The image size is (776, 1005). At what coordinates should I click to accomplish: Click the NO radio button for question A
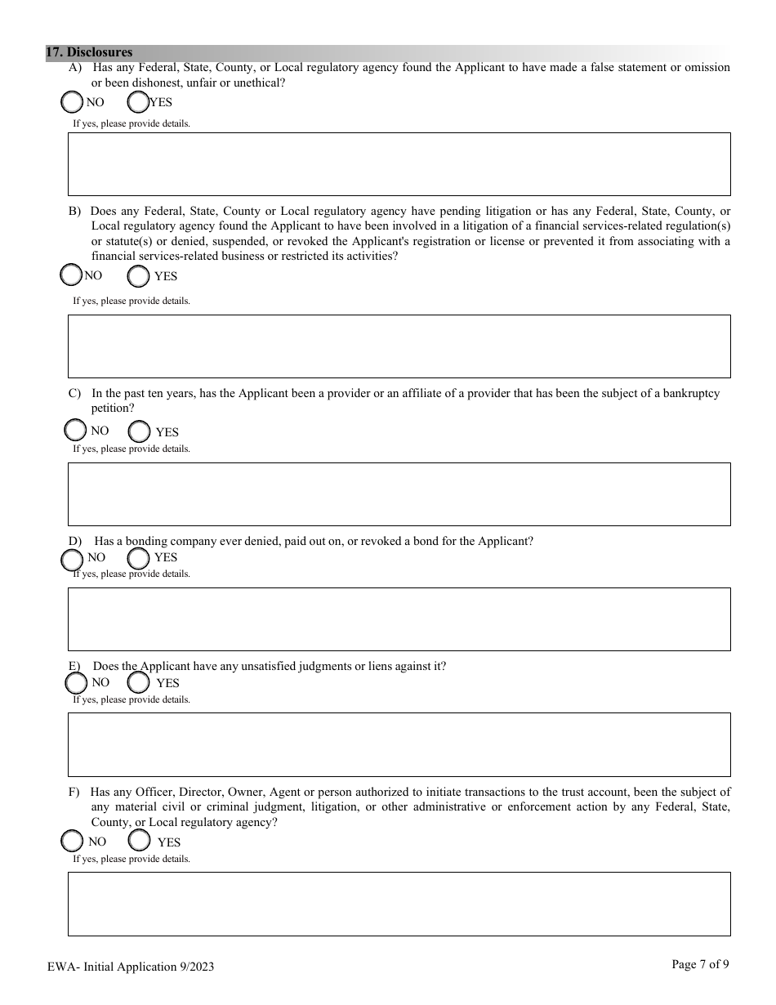point(72,102)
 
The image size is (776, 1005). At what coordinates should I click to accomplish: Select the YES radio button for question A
point(138,102)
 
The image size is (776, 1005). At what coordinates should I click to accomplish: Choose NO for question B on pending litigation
point(72,275)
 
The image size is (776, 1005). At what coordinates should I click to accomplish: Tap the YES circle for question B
point(139,276)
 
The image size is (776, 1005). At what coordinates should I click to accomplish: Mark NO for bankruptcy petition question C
point(74,430)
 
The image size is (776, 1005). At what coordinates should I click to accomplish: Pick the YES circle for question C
point(140,431)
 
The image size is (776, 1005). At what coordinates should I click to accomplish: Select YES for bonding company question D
point(139,558)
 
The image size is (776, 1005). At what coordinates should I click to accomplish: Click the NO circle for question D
point(73,560)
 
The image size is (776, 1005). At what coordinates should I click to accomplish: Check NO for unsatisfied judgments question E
point(76,682)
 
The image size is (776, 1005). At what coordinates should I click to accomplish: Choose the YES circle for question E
point(139,682)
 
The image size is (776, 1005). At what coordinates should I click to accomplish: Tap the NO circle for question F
point(72,841)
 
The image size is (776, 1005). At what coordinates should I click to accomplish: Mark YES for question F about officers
point(140,840)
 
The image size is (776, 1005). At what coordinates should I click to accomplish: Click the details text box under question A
point(399,164)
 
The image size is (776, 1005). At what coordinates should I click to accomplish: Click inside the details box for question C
point(399,494)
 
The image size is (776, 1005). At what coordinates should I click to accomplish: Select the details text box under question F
point(399,904)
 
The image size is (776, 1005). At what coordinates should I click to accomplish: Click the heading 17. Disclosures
point(89,52)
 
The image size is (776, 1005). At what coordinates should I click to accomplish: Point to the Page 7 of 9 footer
point(700,964)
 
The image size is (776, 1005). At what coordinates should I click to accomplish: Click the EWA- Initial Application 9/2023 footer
point(131,967)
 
